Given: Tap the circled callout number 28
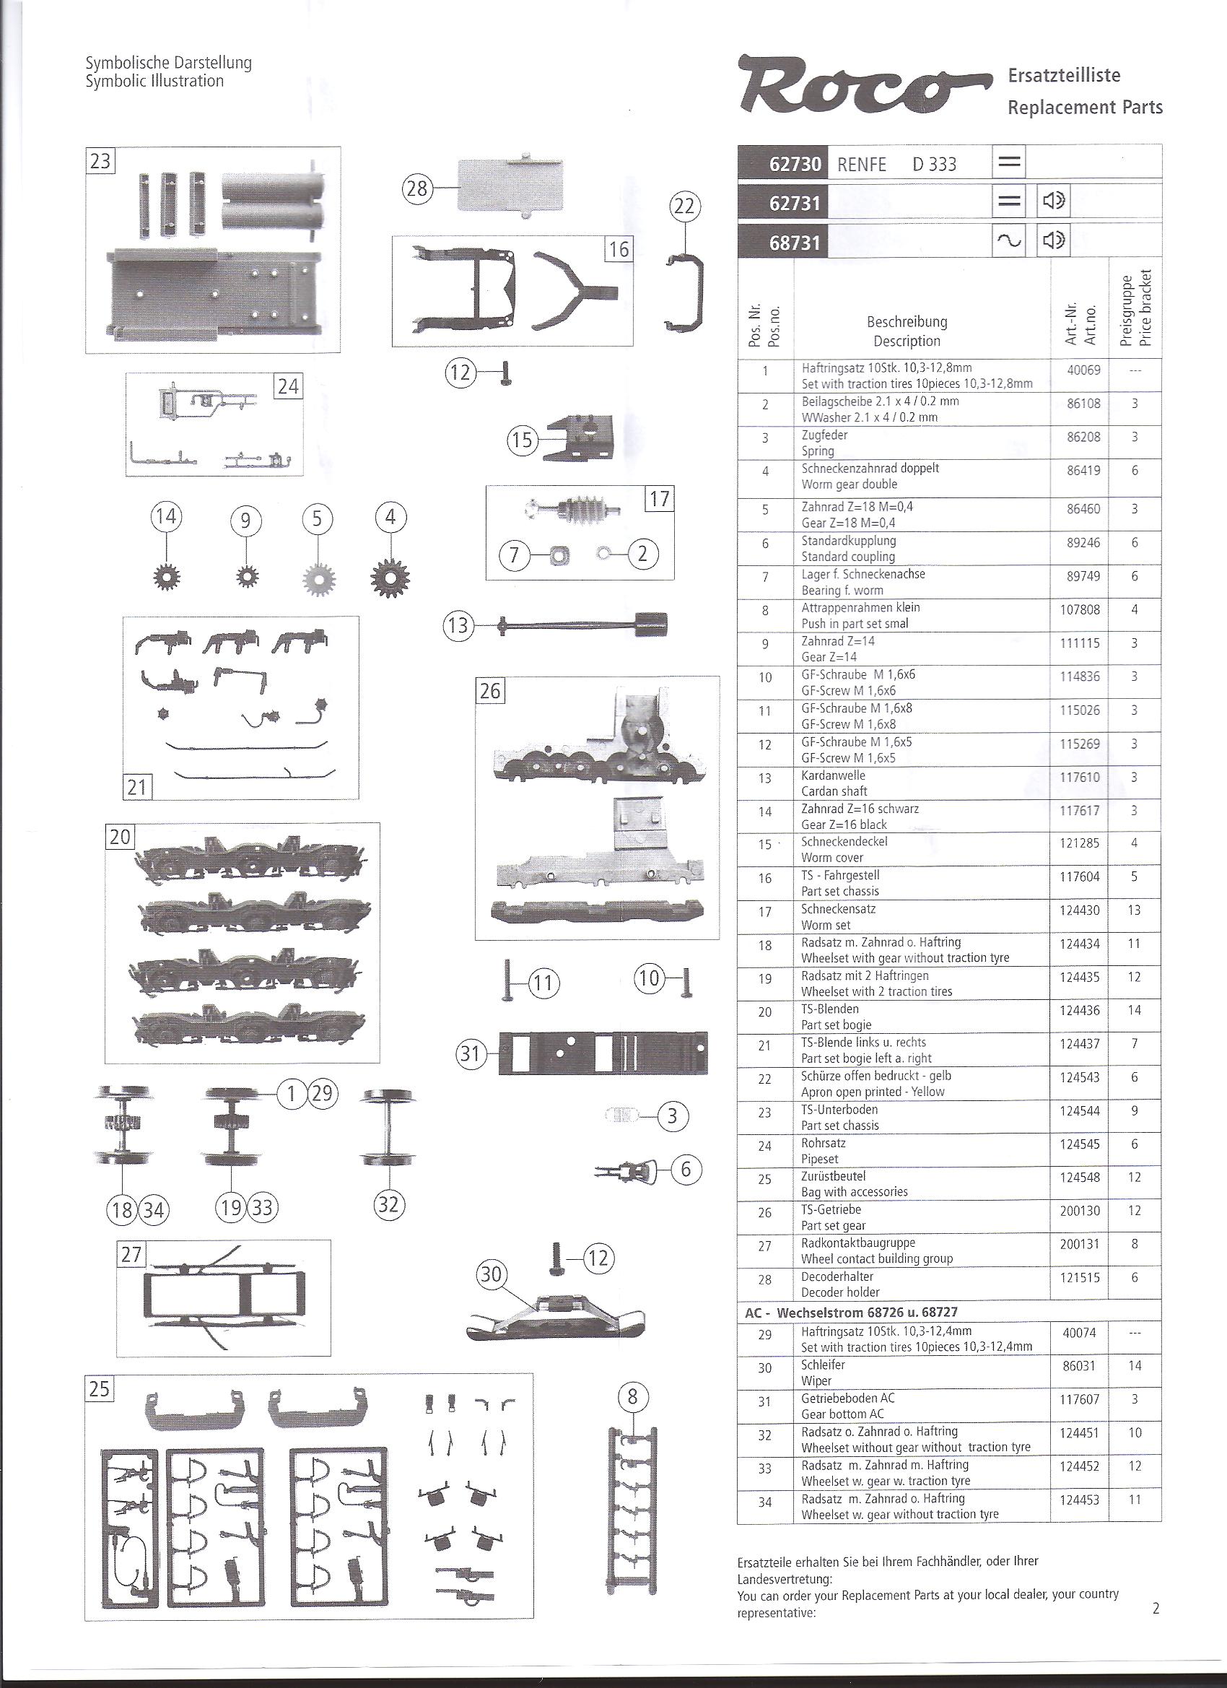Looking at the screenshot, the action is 417,189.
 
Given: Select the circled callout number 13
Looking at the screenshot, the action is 458,625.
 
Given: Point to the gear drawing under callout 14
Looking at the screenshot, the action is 166,578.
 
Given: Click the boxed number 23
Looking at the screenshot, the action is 100,161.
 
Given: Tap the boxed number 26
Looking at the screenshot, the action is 490,691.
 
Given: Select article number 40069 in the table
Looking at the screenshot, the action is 1083,370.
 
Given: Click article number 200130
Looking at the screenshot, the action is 1080,1211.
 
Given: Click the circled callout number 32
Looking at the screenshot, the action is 389,1204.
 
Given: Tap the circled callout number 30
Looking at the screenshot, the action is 491,1275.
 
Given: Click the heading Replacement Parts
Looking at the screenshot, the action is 1085,108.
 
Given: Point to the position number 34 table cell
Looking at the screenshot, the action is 765,1501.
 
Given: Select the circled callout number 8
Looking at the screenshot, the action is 633,1397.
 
